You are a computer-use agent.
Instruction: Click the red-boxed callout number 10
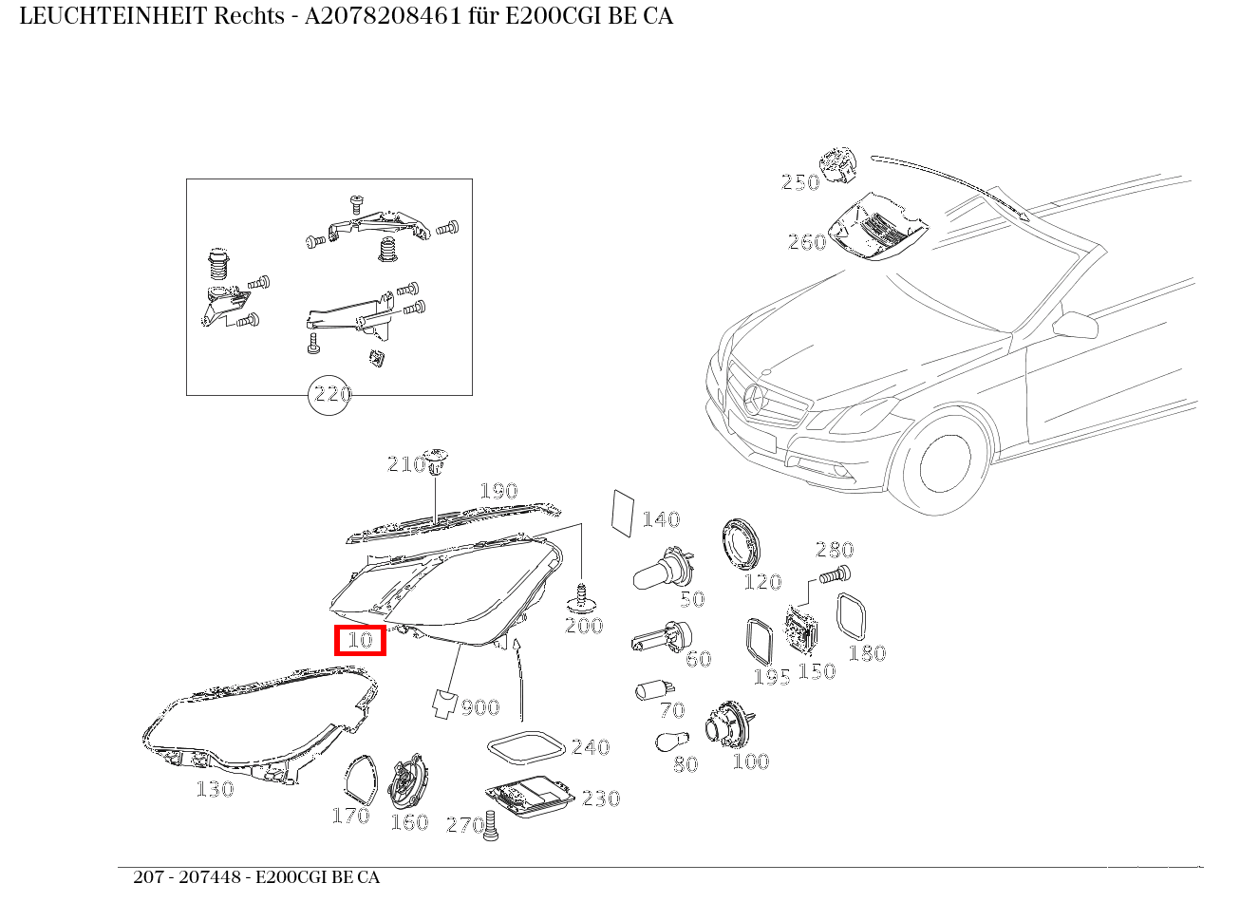tap(360, 641)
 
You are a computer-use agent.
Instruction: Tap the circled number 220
tap(331, 394)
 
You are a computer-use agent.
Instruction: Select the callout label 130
tap(215, 789)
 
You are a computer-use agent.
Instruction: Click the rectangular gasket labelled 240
tap(525, 746)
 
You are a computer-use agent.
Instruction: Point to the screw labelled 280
tap(835, 574)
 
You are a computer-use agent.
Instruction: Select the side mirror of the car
tap(1077, 326)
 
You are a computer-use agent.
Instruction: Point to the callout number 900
tap(480, 707)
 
